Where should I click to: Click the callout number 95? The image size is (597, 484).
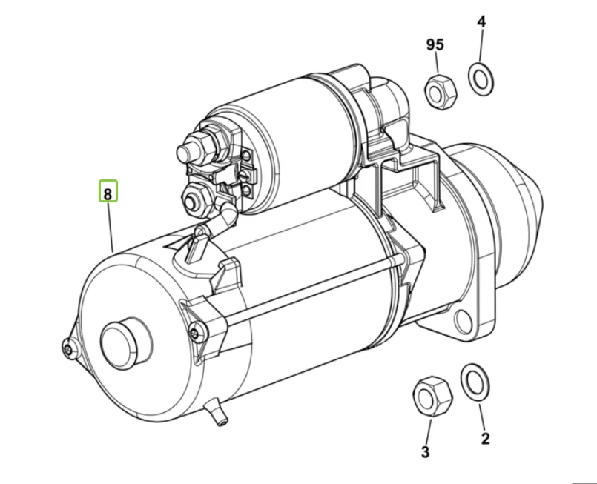click(x=435, y=45)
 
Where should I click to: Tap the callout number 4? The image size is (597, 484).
click(x=481, y=21)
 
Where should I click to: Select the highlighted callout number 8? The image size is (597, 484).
click(x=108, y=194)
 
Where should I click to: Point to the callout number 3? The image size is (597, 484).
click(x=426, y=451)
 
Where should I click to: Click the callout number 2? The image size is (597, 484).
click(x=485, y=438)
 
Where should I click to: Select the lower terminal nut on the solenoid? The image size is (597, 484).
click(x=197, y=198)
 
